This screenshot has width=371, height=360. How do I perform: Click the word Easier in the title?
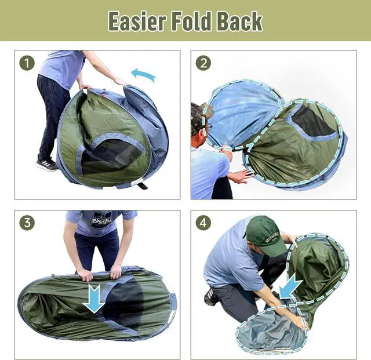click(137, 21)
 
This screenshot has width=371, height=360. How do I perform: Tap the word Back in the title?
click(239, 21)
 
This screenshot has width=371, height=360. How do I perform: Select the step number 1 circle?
click(27, 63)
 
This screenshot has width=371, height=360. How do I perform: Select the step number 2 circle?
click(203, 63)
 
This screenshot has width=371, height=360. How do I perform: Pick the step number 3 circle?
click(27, 223)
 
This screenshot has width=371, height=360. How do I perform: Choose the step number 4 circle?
click(203, 223)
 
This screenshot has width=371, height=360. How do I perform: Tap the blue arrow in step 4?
click(290, 286)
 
